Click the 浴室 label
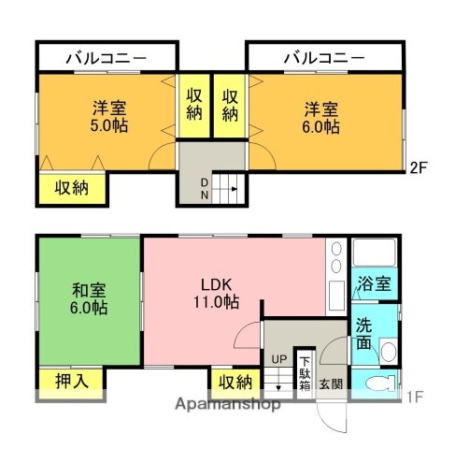[376, 283]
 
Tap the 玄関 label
[332, 383]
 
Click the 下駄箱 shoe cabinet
[305, 372]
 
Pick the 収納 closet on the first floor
[235, 382]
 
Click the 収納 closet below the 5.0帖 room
[71, 187]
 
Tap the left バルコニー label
[107, 58]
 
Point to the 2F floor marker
[419, 168]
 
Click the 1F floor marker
[414, 397]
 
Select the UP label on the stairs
[278, 359]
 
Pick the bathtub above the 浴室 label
[374, 254]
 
